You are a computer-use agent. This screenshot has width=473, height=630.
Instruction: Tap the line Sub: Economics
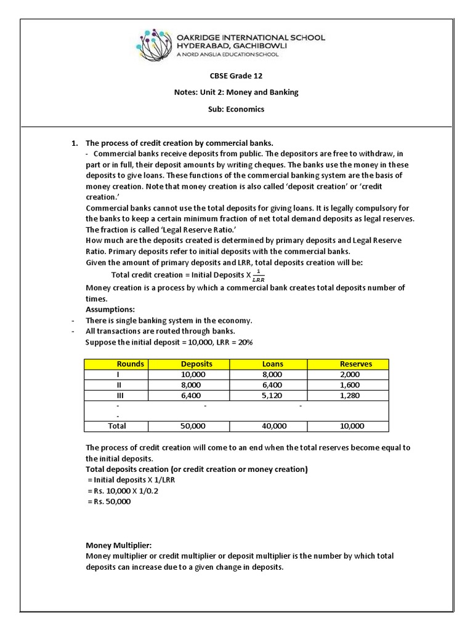(236, 109)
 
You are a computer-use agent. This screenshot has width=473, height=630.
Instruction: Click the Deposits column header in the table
(193, 364)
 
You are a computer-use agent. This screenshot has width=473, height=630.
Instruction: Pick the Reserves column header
(355, 364)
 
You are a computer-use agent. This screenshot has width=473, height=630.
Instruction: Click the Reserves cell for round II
(352, 385)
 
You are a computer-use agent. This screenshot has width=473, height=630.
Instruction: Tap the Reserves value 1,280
(352, 396)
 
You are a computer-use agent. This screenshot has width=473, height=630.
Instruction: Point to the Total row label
(117, 426)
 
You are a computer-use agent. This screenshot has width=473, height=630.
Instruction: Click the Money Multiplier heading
(118, 545)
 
